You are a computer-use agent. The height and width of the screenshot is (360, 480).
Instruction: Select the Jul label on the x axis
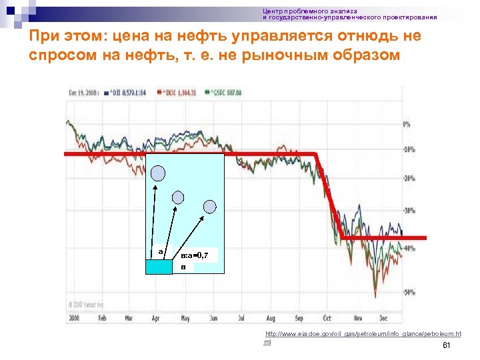click(x=241, y=319)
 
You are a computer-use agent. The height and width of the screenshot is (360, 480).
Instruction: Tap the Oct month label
click(x=327, y=319)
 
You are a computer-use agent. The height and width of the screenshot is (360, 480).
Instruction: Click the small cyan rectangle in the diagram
click(x=159, y=266)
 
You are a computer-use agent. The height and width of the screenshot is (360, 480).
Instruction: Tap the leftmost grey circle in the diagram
click(x=158, y=173)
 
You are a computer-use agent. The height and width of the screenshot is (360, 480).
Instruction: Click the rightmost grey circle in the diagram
click(x=210, y=207)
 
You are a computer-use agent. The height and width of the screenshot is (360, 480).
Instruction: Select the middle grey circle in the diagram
click(x=178, y=197)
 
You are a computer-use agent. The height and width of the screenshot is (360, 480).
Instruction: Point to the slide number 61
click(x=447, y=345)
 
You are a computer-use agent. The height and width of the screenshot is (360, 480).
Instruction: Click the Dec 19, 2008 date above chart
click(x=84, y=92)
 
